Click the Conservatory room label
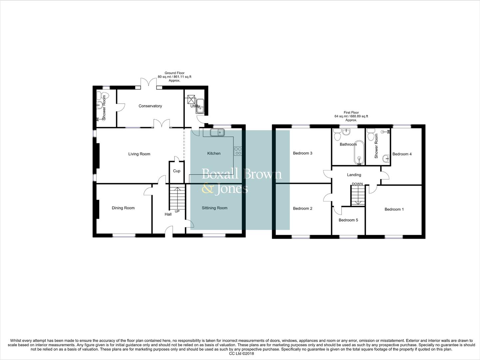(150, 106)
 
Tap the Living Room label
(139, 154)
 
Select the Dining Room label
(123, 208)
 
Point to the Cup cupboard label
(177, 171)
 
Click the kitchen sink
(218, 133)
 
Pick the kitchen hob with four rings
(238, 151)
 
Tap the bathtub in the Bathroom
(359, 152)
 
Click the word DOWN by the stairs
(357, 184)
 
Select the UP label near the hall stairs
(177, 211)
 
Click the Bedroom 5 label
(348, 220)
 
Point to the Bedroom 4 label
(402, 154)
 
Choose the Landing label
(354, 175)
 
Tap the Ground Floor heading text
(174, 73)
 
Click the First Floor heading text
(351, 113)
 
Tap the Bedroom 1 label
(394, 209)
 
